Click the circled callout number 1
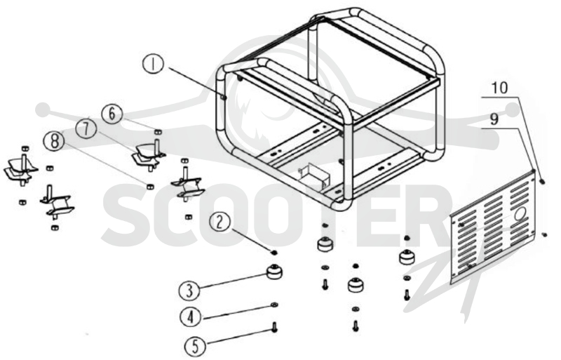[153, 64]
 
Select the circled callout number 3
[189, 290]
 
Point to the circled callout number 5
[195, 346]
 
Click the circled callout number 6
[112, 114]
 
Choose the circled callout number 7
[86, 129]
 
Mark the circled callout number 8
[54, 141]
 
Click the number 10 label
[499, 88]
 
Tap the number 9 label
[494, 119]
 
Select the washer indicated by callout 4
[274, 305]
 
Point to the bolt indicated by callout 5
[274, 327]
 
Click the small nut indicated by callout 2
[275, 253]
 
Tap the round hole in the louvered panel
[520, 214]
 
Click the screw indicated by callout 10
[542, 182]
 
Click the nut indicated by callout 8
[151, 187]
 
